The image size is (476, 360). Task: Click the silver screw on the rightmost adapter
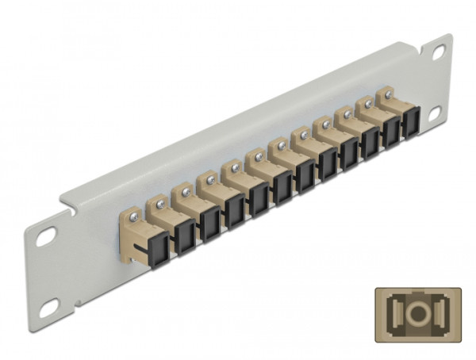(389, 95)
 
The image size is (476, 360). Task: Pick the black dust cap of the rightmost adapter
(411, 124)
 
